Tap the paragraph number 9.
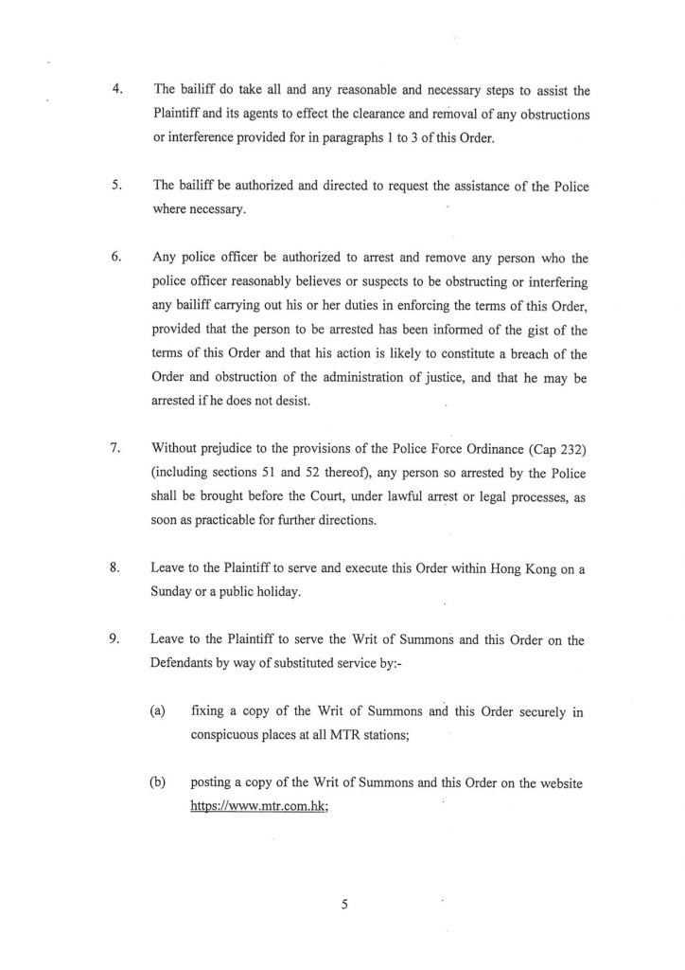115,640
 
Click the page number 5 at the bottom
345,905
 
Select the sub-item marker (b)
158,783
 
